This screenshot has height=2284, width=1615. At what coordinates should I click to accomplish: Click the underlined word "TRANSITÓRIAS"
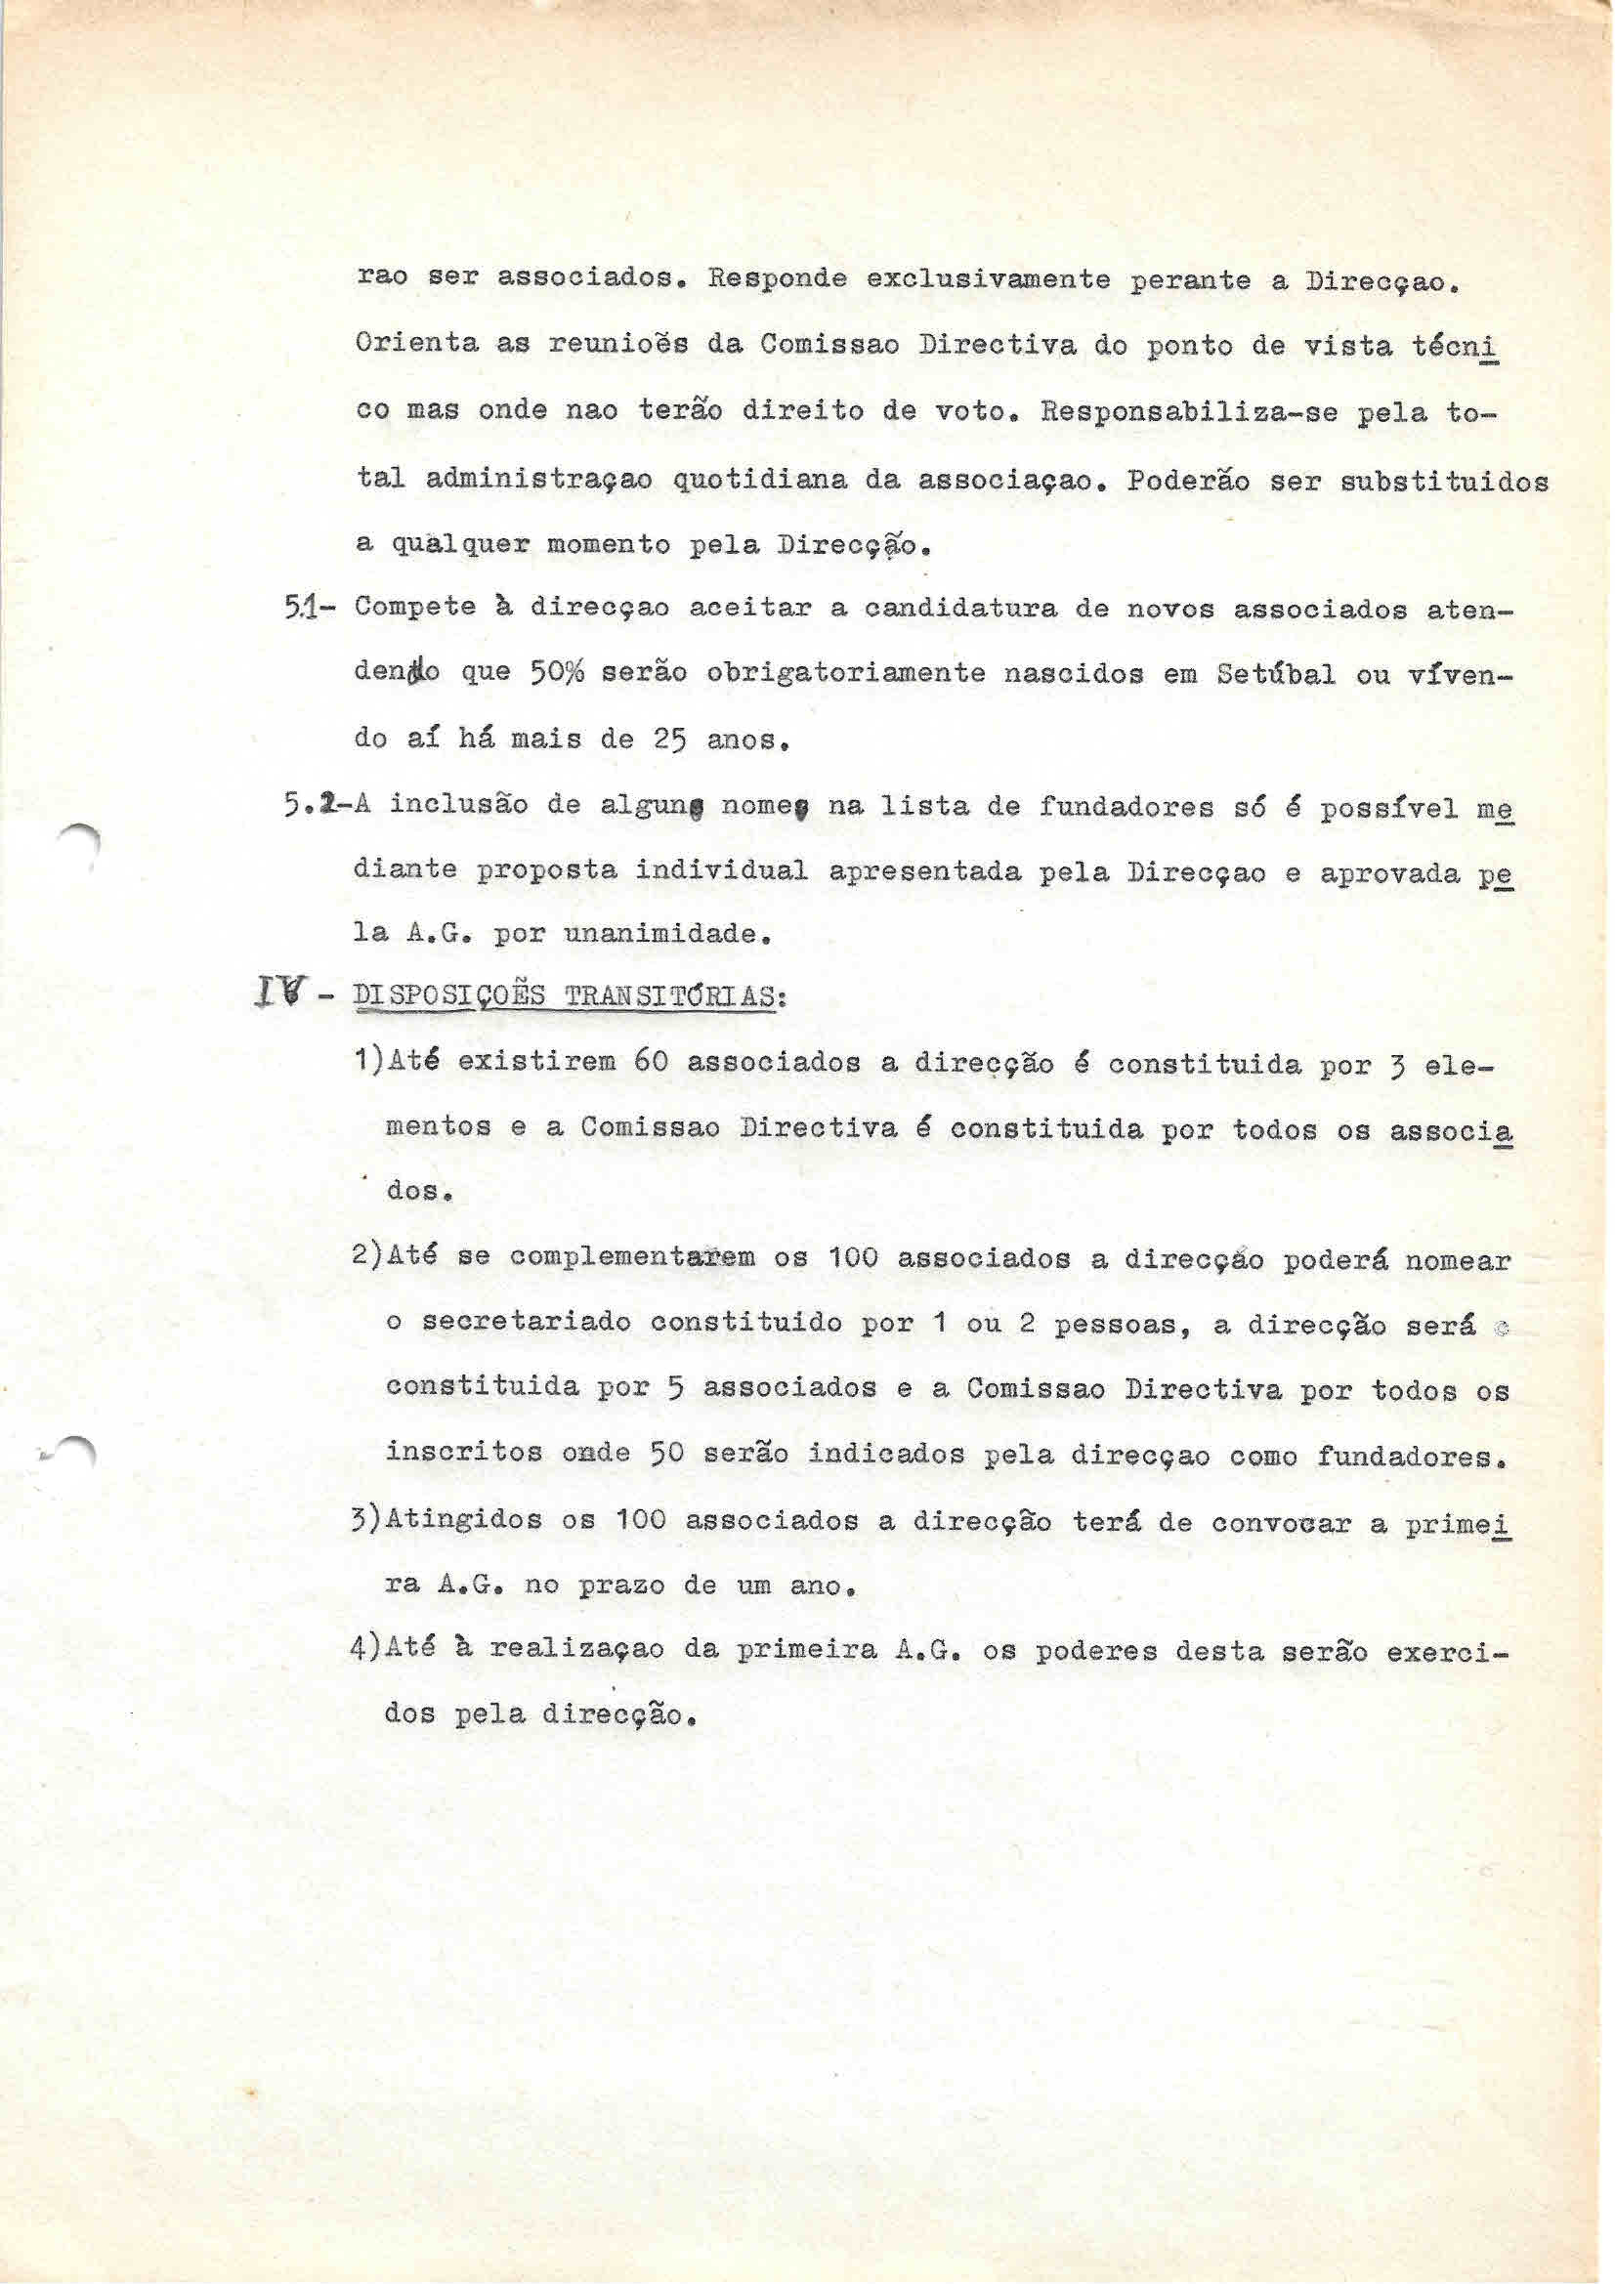tap(669, 997)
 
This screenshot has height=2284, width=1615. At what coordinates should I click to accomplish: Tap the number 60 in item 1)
tap(649, 1063)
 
